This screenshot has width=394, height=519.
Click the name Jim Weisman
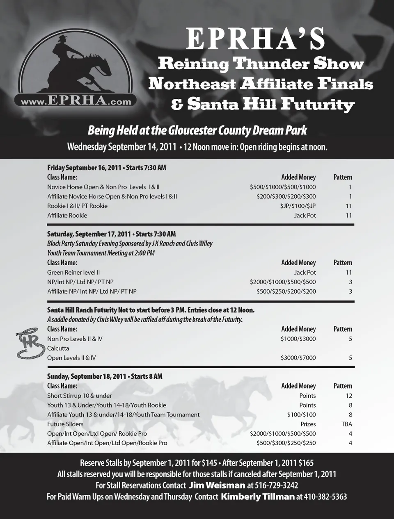point(217,485)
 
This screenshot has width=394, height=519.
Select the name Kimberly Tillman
point(257,497)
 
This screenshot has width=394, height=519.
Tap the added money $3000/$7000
point(298,358)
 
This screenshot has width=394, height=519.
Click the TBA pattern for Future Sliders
point(346,424)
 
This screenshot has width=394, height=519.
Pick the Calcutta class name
point(58,348)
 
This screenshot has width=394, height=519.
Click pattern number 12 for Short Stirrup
point(348,396)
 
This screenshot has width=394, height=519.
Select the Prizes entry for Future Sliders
point(308,424)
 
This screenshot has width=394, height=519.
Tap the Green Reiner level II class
point(73,273)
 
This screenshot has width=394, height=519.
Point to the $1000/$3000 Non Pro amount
point(298,339)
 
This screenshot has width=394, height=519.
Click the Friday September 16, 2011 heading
point(106,168)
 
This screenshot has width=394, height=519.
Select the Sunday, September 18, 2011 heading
point(105,376)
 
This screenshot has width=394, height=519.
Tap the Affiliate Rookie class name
point(67,216)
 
